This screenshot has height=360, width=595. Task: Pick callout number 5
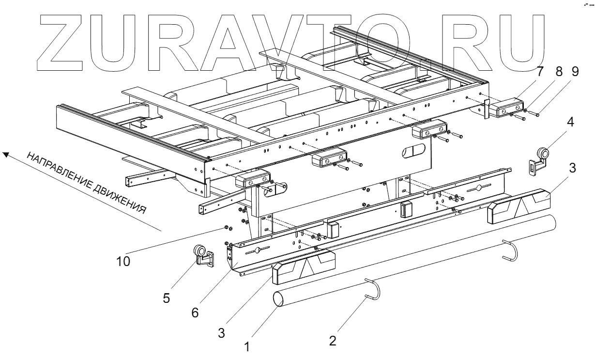pyautogui.click(x=166, y=298)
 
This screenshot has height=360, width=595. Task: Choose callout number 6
pyautogui.click(x=195, y=313)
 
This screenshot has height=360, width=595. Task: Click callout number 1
pyautogui.click(x=247, y=347)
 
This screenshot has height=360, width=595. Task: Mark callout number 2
pyautogui.click(x=332, y=341)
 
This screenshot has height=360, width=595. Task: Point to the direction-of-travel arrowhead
pyautogui.click(x=6, y=155)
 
